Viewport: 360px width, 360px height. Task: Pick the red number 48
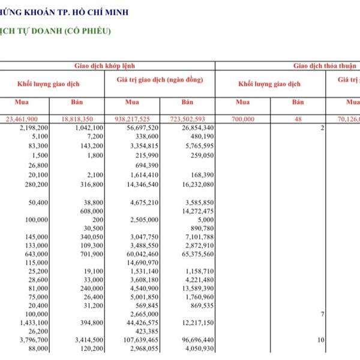pos(298,119)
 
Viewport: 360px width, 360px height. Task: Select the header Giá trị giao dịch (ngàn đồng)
pos(160,80)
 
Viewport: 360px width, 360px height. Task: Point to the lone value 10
pos(321,340)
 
